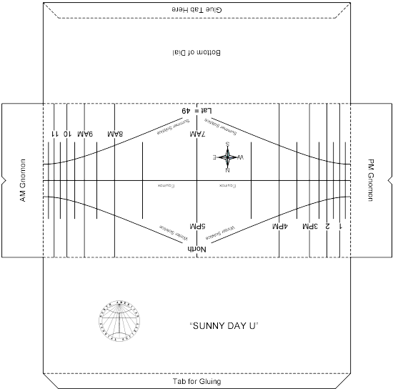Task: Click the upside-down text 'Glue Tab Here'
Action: (x=196, y=7)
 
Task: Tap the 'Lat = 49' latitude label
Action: (x=196, y=110)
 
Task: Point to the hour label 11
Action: (x=54, y=134)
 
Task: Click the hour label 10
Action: (x=66, y=134)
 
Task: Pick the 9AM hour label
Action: (x=85, y=134)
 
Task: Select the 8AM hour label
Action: (x=115, y=134)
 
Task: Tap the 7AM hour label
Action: (x=196, y=134)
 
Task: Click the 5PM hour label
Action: (x=196, y=226)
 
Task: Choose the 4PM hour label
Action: (x=279, y=226)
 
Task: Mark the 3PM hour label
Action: (x=310, y=226)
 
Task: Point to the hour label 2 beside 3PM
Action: (x=327, y=226)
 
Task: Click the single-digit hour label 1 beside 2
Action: (x=339, y=226)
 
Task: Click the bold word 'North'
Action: (x=196, y=247)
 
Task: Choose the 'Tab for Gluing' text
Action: (x=196, y=382)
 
